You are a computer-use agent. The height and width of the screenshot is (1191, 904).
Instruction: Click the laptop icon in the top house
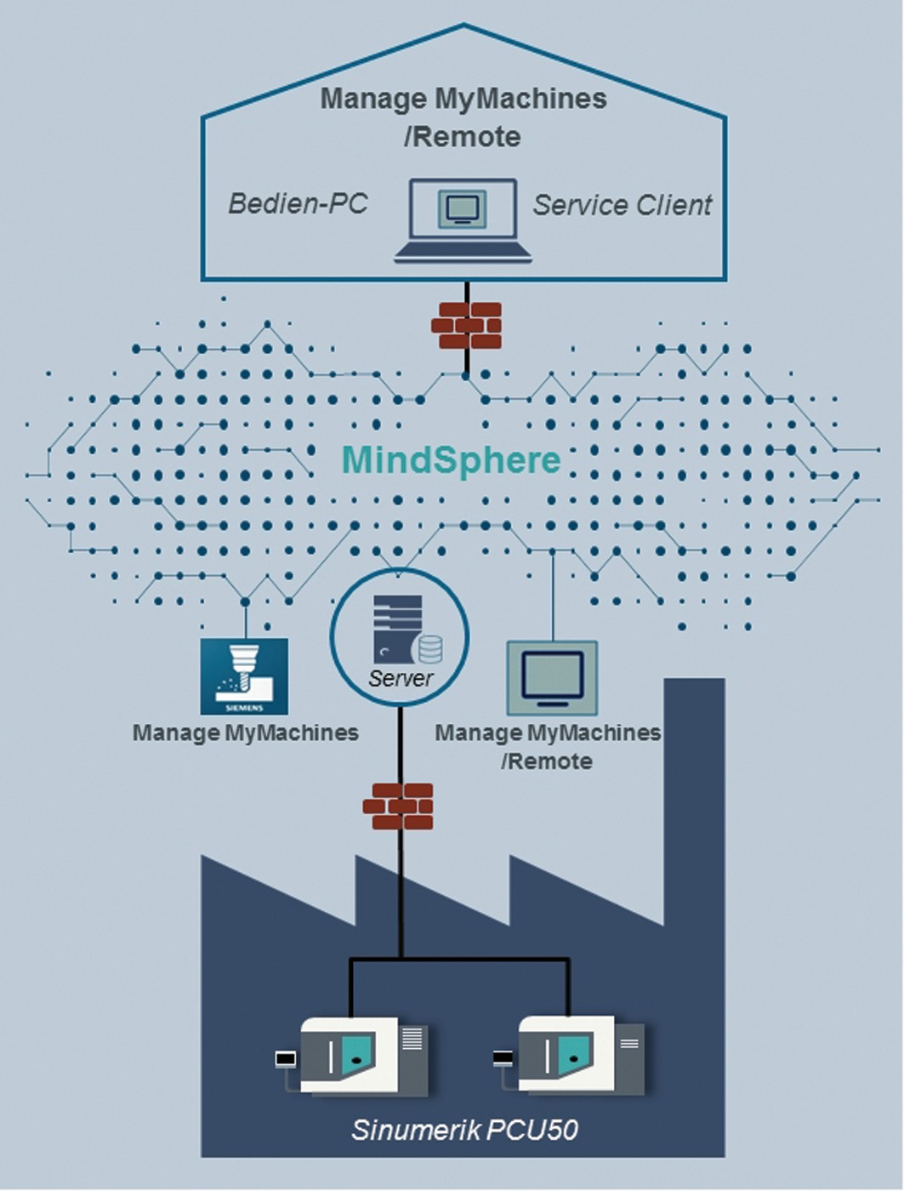click(x=463, y=219)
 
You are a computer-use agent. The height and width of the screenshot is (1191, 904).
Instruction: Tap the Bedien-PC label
click(x=298, y=204)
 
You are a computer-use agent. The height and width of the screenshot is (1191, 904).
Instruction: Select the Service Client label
click(x=623, y=205)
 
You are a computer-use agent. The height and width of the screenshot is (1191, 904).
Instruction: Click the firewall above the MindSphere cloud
click(x=466, y=326)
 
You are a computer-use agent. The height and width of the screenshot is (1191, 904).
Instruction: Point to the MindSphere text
click(x=451, y=460)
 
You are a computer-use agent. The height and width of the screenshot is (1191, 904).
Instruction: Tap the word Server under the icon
click(x=401, y=678)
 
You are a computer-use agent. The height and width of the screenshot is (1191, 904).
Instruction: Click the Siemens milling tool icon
click(x=244, y=677)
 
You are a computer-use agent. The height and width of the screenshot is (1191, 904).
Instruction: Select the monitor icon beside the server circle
click(x=552, y=678)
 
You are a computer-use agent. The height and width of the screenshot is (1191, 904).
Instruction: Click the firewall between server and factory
click(x=398, y=806)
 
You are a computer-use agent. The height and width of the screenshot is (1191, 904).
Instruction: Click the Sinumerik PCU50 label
click(x=464, y=1130)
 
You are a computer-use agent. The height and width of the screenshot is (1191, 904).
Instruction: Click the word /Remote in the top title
click(x=463, y=136)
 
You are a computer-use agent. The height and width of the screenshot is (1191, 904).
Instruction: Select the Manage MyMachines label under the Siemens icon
click(x=245, y=732)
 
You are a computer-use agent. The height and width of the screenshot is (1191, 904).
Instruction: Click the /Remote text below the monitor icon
click(x=547, y=761)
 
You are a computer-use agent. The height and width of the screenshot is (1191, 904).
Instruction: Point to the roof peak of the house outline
click(x=463, y=26)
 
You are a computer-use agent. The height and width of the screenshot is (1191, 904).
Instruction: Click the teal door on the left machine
click(x=358, y=1055)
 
